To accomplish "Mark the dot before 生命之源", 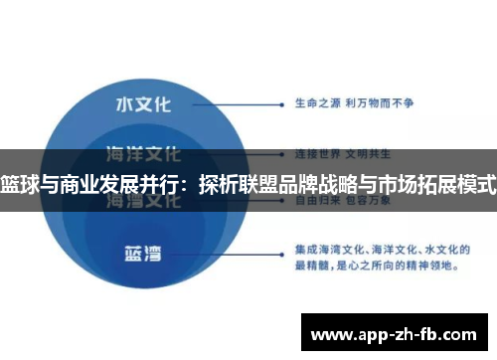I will coord(286,103).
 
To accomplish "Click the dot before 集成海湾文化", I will coord(286,246).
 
